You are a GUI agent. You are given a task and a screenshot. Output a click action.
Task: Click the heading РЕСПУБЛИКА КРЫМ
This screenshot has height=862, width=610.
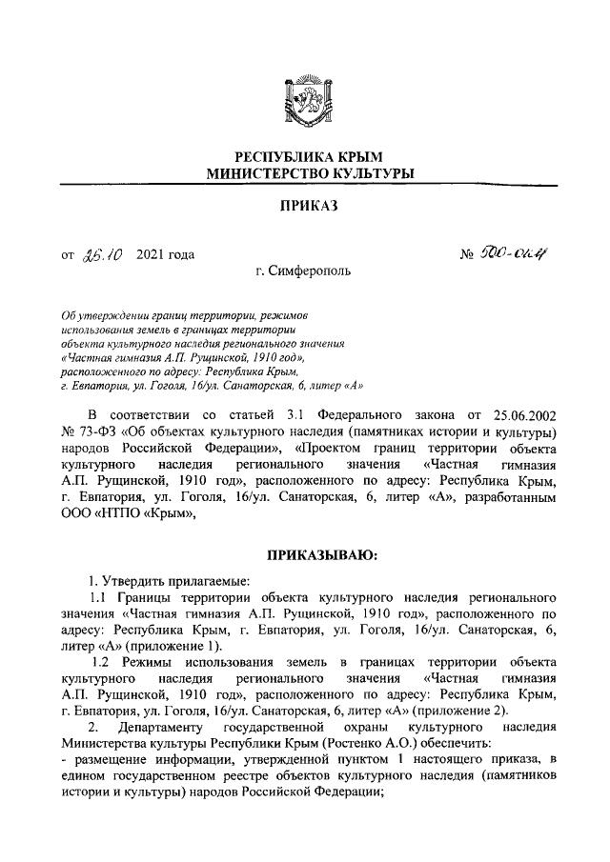(304, 155)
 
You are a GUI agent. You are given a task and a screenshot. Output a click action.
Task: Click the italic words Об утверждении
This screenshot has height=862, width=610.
(102, 314)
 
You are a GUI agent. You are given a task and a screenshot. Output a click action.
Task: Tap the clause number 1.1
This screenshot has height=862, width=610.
(98, 597)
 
